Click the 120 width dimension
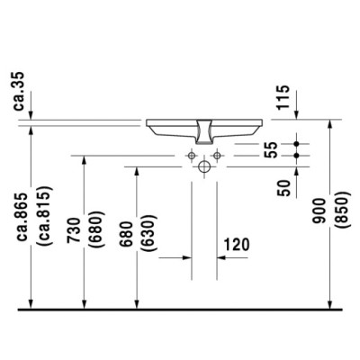tap(238, 245)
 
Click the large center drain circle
tap(204, 166)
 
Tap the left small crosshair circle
tap(192, 156)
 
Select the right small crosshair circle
tap(217, 156)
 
